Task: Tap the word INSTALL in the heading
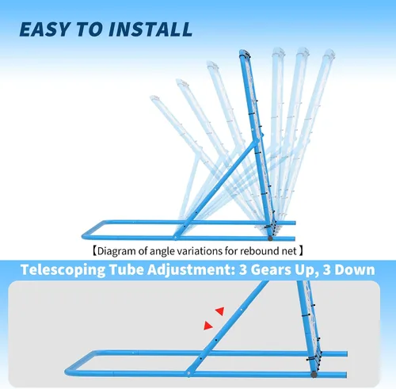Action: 150,29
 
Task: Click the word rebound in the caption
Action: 257,251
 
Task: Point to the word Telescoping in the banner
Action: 63,270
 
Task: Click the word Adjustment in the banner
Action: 191,270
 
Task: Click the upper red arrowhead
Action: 220,311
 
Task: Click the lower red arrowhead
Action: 208,326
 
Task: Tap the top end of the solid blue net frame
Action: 244,53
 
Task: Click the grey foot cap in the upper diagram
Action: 270,238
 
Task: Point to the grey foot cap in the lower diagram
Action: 314,375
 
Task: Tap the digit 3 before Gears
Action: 243,270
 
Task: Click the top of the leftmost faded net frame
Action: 154,97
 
